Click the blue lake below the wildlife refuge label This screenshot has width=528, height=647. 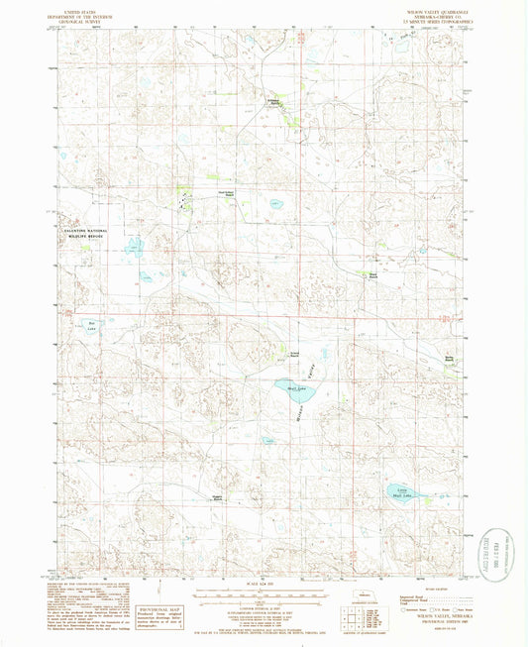[x=133, y=244]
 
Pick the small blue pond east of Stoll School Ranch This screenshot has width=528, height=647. [x=274, y=204]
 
